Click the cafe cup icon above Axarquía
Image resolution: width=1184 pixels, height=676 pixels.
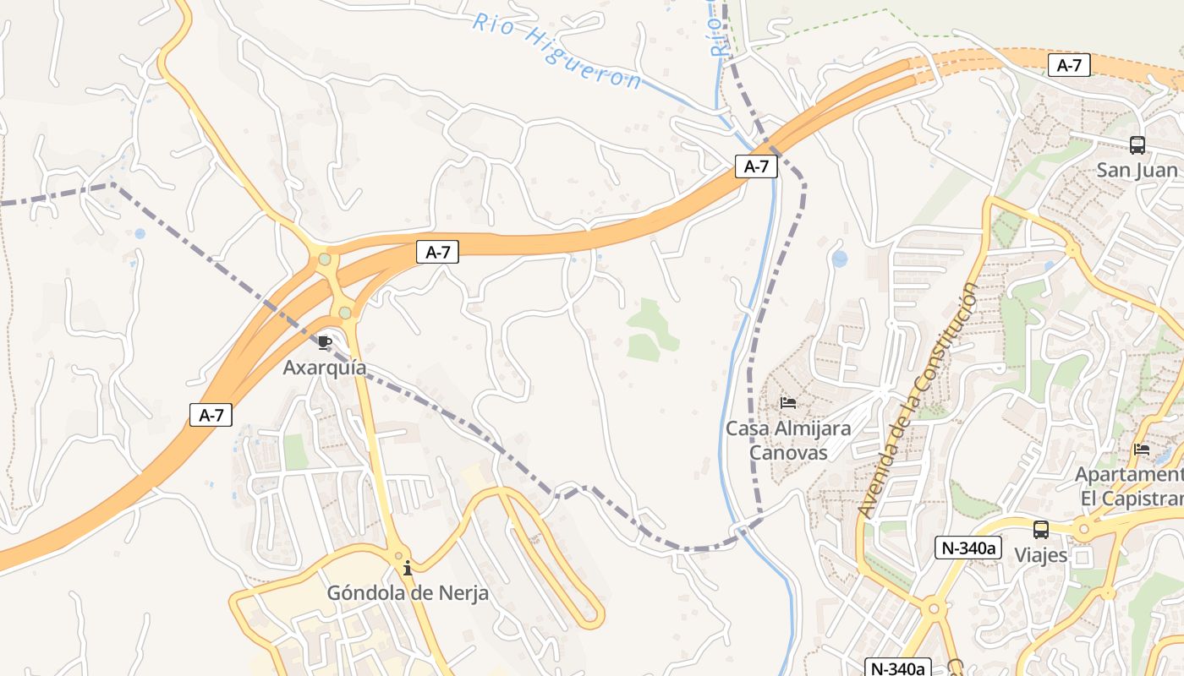[x=325, y=342]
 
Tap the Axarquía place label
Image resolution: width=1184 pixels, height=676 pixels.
[x=325, y=368]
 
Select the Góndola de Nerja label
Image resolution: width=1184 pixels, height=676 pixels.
[x=408, y=593]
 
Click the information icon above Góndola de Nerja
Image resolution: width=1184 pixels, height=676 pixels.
[x=408, y=568]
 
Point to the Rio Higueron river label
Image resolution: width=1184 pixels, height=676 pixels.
[x=556, y=51]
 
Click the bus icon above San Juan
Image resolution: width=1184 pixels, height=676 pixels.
[x=1137, y=145]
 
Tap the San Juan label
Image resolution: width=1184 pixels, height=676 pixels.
[x=1137, y=170]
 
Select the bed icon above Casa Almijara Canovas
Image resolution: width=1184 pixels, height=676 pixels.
[x=788, y=403]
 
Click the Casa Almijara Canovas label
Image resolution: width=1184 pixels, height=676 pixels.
[x=788, y=440]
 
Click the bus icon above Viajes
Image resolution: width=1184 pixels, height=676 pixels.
[x=1041, y=530]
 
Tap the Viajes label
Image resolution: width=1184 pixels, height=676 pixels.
[x=1041, y=555]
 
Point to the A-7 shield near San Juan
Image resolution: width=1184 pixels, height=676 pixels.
[x=1069, y=65]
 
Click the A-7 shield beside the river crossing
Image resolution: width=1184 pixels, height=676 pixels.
[x=755, y=166]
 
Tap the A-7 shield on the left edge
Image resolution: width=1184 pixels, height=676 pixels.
[x=211, y=415]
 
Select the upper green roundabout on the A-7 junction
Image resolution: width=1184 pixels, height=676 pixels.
[x=325, y=259]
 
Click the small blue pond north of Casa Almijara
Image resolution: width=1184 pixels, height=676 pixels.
[x=839, y=259]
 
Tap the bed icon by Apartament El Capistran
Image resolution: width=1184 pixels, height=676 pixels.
[x=1142, y=450]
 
